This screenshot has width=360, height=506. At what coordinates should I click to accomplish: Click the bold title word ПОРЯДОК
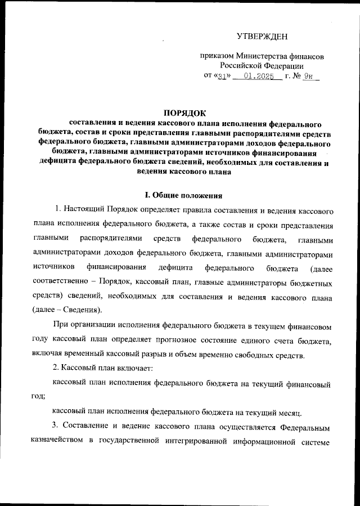(180, 113)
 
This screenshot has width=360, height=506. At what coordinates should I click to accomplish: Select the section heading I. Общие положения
(180, 195)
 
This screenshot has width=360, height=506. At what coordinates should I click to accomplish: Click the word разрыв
(171, 355)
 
